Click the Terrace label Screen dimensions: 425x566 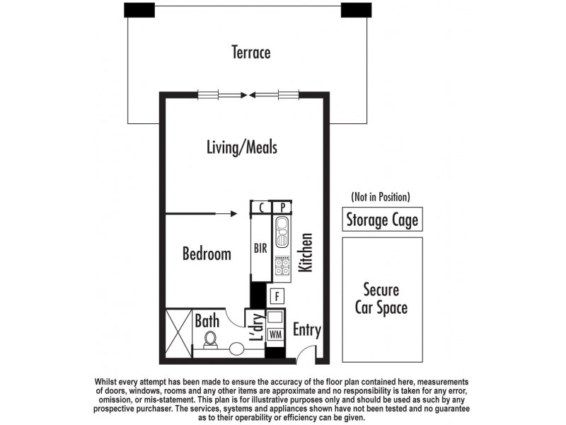[x=251, y=52]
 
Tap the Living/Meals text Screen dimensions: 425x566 [x=242, y=147]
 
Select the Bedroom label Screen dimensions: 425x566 [x=207, y=254]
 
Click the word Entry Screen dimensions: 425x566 [x=306, y=330]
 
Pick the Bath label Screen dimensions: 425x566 [x=207, y=321]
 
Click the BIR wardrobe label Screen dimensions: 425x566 [x=260, y=249]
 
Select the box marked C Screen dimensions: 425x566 [x=261, y=208]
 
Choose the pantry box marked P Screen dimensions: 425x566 [x=282, y=208]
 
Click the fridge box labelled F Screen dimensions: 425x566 [x=277, y=295]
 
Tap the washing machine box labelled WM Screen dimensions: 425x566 [x=275, y=334]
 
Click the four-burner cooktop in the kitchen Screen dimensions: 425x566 [x=282, y=266]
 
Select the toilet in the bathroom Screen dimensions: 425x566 [x=210, y=340]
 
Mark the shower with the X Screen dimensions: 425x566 [x=178, y=333]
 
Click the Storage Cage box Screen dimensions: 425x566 [x=382, y=220]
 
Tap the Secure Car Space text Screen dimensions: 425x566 [x=382, y=299]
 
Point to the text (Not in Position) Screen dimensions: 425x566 [x=381, y=197]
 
